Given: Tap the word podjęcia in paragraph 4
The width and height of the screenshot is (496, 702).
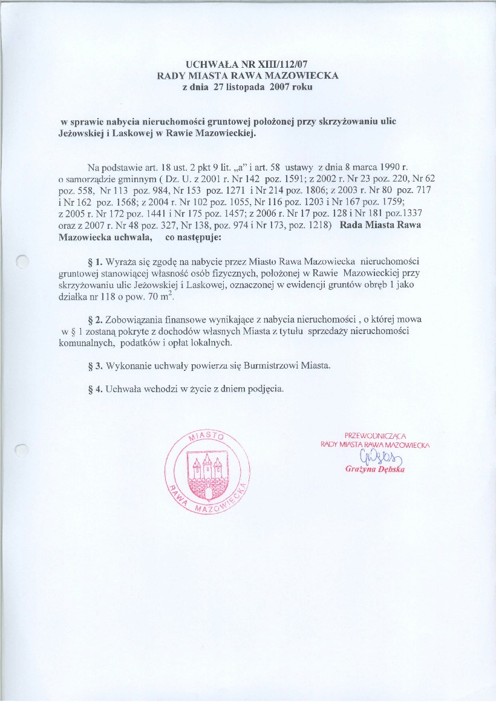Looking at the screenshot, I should pos(265,389).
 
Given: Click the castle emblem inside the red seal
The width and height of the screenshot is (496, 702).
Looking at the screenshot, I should pos(206,468).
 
